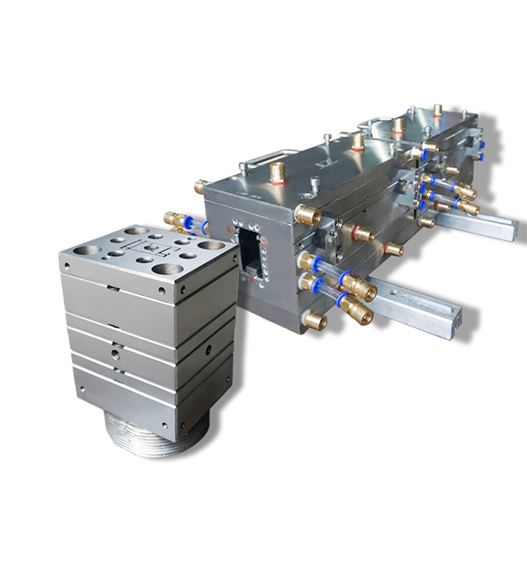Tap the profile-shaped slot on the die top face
tap(150, 249)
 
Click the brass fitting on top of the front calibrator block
tap(278, 171)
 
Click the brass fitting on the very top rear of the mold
tap(437, 110)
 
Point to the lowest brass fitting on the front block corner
tap(313, 321)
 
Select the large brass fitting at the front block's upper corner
tap(306, 214)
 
